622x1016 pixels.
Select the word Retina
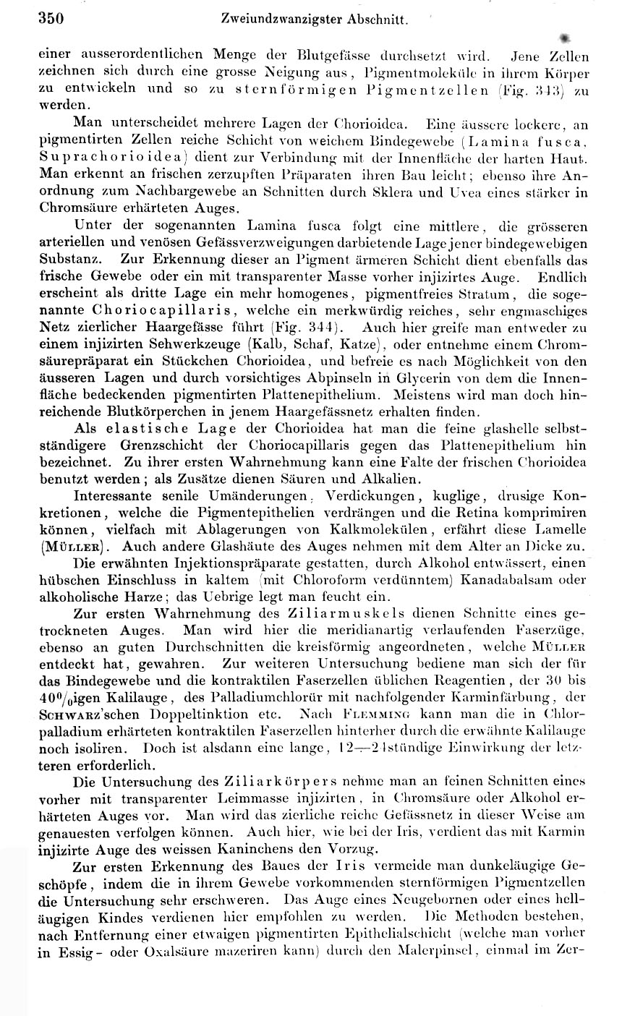click(498, 513)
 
